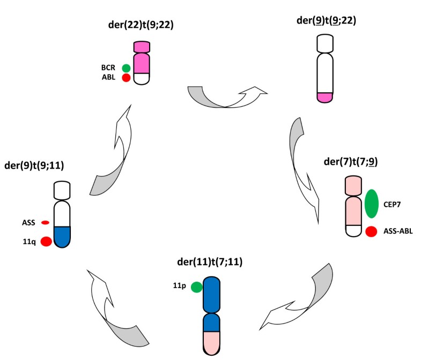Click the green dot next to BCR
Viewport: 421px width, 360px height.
(x=126, y=68)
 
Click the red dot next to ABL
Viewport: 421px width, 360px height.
(x=126, y=78)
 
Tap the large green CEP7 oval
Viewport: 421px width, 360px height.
(x=371, y=204)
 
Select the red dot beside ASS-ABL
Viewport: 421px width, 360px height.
(x=371, y=232)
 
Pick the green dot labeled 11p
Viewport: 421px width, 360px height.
(x=196, y=287)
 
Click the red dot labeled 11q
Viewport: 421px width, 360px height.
(x=46, y=241)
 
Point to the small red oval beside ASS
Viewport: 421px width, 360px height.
(x=45, y=222)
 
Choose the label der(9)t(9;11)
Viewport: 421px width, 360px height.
(x=34, y=165)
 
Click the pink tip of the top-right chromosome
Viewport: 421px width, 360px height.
(x=326, y=97)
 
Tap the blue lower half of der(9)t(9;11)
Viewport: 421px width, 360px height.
(x=62, y=236)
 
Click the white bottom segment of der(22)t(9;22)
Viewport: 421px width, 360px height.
(x=142, y=78)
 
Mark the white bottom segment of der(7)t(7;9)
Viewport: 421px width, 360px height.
(x=353, y=231)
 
